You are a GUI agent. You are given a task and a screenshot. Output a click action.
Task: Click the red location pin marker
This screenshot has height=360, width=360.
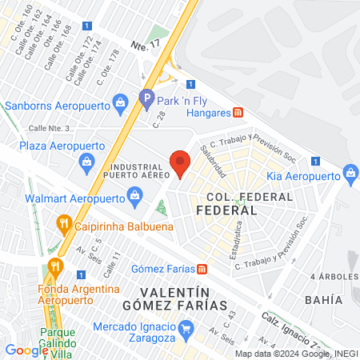181,162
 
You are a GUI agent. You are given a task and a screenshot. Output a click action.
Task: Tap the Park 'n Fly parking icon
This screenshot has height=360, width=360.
146,99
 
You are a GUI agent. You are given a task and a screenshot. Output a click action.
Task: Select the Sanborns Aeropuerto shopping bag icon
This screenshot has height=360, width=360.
120,102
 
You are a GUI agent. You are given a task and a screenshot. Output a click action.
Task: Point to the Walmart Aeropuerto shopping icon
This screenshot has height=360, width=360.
134,194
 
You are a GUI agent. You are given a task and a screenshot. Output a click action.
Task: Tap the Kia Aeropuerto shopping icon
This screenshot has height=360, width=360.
350,173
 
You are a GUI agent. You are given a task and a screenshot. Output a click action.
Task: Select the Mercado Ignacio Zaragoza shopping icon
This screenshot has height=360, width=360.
186,326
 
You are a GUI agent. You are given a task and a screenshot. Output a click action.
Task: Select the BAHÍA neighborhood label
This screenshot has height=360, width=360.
323,299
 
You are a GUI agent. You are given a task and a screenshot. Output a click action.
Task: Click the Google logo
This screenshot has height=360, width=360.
26,350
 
